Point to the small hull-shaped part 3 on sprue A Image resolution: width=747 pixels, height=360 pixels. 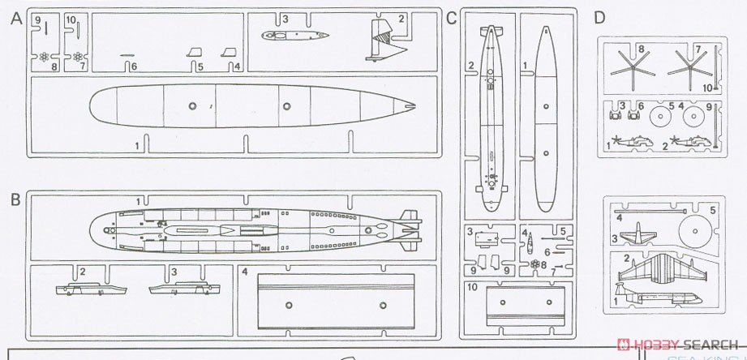(x=294, y=35)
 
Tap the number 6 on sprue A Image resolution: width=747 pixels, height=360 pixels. (x=135, y=66)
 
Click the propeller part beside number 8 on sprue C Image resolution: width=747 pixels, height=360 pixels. (x=535, y=264)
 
